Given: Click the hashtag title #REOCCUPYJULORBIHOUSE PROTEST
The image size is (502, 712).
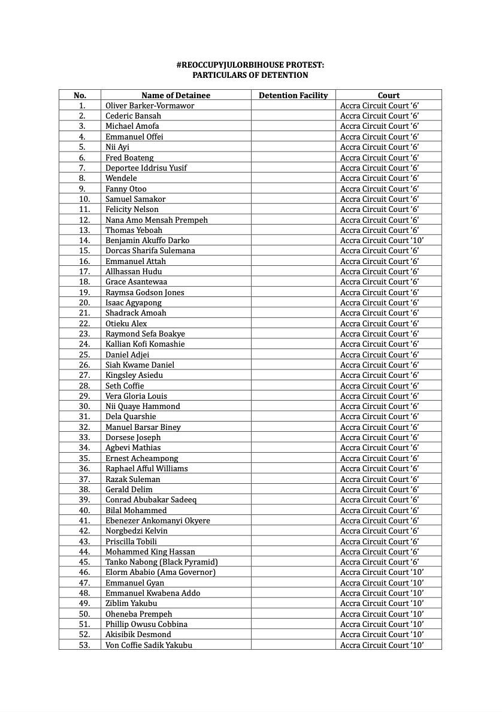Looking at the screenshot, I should pyautogui.click(x=250, y=65).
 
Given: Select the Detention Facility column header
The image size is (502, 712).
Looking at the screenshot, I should pyautogui.click(x=293, y=95).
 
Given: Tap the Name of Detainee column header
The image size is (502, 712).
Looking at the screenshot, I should pyautogui.click(x=176, y=95).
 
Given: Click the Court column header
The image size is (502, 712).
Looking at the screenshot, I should pyautogui.click(x=388, y=95).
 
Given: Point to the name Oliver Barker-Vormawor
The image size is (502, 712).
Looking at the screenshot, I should pyautogui.click(x=150, y=105).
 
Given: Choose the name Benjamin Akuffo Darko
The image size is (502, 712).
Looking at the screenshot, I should pyautogui.click(x=147, y=240).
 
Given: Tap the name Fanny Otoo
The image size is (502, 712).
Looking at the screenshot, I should pyautogui.click(x=126, y=189).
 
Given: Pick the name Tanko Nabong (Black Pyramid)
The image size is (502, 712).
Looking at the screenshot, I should pyautogui.click(x=161, y=562).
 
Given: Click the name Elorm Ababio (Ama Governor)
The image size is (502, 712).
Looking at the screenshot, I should pyautogui.click(x=160, y=572).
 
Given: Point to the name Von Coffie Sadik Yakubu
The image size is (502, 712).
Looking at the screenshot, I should pyautogui.click(x=149, y=645).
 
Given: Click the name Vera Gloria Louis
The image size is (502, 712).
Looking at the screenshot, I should pyautogui.click(x=136, y=396).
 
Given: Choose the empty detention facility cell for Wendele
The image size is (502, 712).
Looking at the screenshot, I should pyautogui.click(x=293, y=178).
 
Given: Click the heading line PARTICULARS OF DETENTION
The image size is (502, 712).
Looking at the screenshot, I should pyautogui.click(x=250, y=75).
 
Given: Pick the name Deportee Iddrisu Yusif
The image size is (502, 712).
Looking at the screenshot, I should pyautogui.click(x=146, y=168).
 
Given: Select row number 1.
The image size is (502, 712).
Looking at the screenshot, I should pyautogui.click(x=82, y=105).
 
